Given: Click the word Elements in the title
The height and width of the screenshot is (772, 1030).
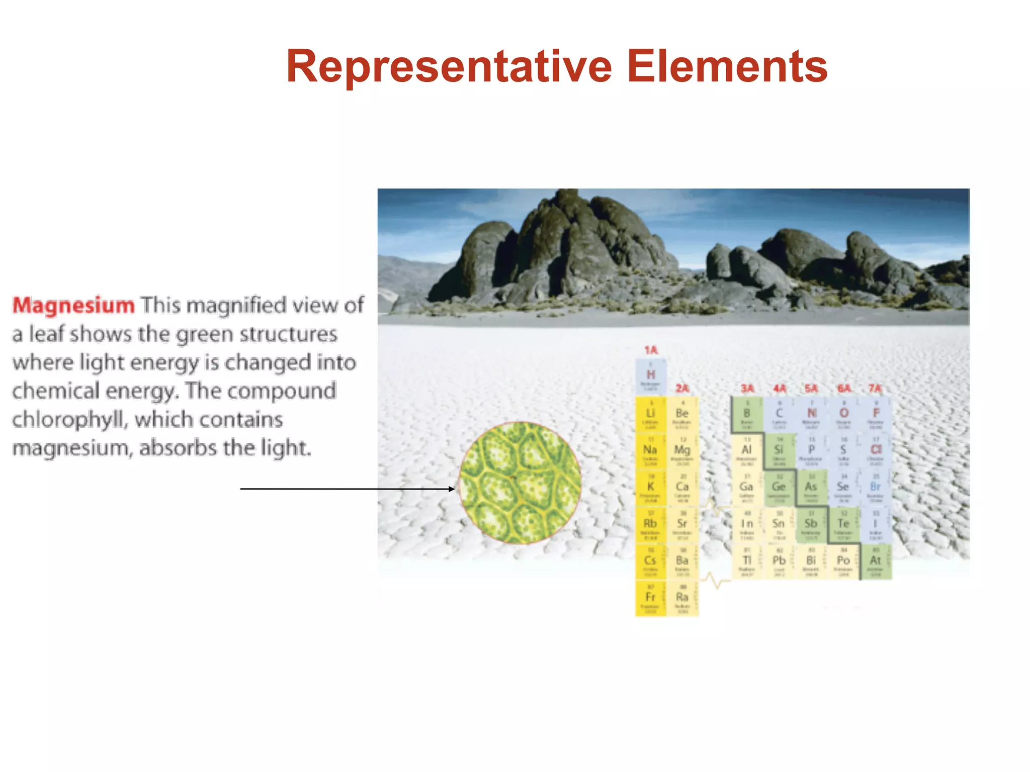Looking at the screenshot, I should [727, 66].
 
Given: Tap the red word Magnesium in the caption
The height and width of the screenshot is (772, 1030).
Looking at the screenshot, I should [73, 305].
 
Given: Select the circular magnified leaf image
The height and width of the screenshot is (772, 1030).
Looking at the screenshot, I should [520, 482].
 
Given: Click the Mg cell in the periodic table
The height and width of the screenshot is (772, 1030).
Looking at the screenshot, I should [682, 451].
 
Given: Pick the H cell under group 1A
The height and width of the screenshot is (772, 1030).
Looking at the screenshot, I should [651, 376].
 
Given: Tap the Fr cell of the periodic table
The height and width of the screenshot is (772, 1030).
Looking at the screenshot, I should [650, 598].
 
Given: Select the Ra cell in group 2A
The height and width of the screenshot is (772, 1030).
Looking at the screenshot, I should [682, 598].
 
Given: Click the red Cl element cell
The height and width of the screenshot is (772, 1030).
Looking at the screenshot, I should [876, 451].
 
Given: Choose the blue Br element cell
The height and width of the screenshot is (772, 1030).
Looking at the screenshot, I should [876, 488].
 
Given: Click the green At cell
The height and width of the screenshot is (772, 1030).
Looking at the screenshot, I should [876, 561].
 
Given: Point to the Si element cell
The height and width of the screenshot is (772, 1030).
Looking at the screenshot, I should [779, 451].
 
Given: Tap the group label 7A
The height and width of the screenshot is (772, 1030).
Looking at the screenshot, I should [875, 389].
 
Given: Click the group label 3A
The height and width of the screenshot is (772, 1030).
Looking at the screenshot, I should [747, 389].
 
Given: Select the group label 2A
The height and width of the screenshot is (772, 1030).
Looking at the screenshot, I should [682, 389].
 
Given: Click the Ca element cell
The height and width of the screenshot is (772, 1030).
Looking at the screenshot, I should [682, 488].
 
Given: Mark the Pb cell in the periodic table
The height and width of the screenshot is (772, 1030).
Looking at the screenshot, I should [779, 561].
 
